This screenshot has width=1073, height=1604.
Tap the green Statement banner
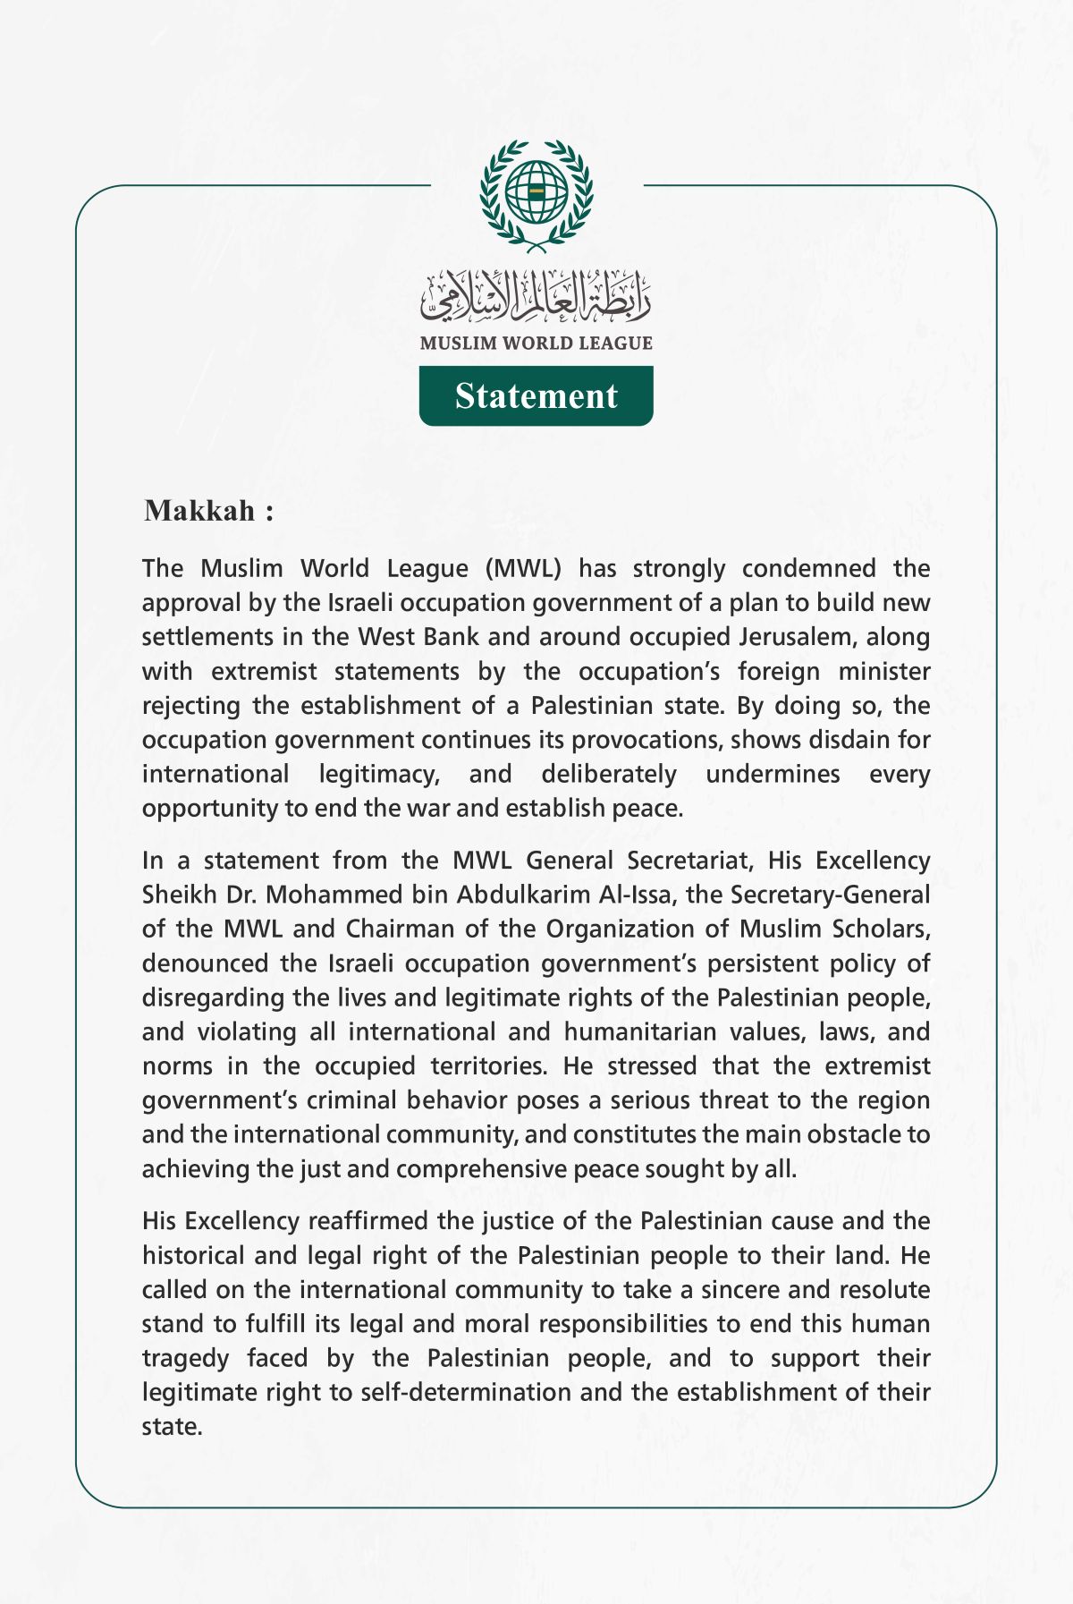[536, 395]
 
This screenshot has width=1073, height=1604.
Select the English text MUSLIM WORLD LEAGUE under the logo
[536, 343]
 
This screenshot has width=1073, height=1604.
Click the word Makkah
[200, 511]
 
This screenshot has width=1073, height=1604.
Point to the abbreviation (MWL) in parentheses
[523, 568]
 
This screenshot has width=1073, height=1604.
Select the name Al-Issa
[630, 895]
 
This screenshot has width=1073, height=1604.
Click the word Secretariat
[688, 861]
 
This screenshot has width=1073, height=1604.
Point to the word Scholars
[881, 929]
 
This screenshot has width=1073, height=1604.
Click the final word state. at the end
[172, 1427]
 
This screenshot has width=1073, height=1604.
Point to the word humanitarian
[640, 1031]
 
